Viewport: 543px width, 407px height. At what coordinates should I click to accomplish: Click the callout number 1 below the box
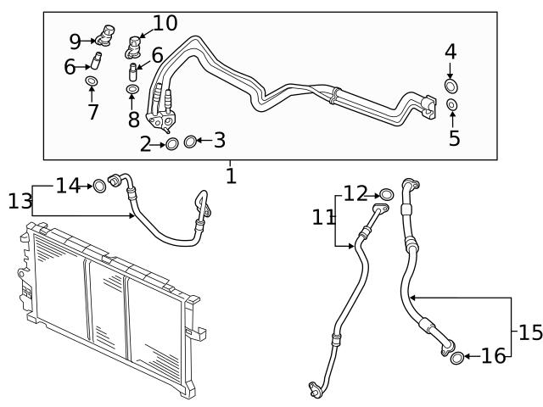(x=231, y=176)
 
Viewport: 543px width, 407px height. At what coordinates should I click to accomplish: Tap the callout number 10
(x=165, y=23)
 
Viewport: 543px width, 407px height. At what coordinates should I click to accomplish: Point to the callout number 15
(x=529, y=332)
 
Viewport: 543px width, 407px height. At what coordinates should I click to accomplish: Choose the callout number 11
(x=323, y=217)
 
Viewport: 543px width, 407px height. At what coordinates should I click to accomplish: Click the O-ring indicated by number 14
(x=100, y=185)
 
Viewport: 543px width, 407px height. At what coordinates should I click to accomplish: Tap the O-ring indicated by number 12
(x=386, y=196)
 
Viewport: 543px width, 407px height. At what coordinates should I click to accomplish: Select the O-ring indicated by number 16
(x=456, y=357)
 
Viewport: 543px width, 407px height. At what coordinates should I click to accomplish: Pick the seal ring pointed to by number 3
(x=191, y=141)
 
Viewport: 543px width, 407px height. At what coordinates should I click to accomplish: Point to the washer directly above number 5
(x=451, y=104)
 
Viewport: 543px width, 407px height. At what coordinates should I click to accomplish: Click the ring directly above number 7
(x=92, y=81)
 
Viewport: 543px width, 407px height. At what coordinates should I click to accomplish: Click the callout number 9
(x=76, y=41)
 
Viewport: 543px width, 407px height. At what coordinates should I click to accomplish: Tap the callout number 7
(x=92, y=111)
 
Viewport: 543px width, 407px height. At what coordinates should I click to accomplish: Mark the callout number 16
(x=493, y=357)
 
